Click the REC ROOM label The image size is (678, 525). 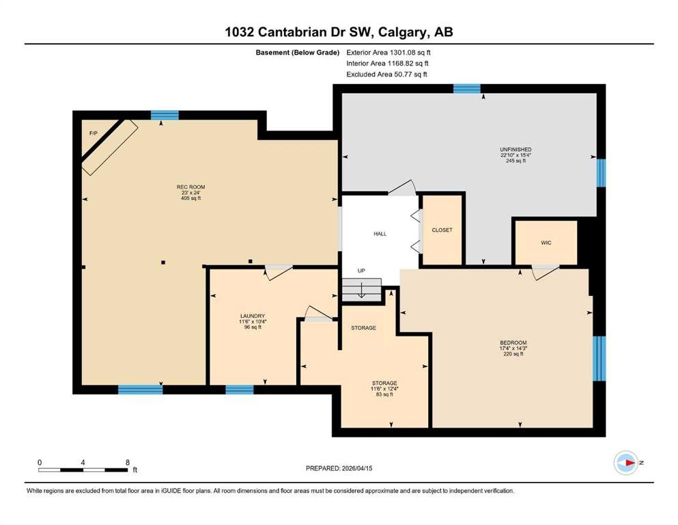[x=190, y=187]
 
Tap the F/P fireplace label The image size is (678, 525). [x=94, y=133]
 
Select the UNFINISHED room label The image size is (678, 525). [x=515, y=149]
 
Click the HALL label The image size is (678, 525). [x=380, y=234]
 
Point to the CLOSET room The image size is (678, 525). [x=442, y=230]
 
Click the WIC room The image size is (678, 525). [x=546, y=243]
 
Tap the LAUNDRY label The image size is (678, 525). [x=253, y=316]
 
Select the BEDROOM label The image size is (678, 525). [x=513, y=342]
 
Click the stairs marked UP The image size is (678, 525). [x=361, y=290]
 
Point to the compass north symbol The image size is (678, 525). [x=626, y=463]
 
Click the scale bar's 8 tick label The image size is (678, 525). [x=128, y=462]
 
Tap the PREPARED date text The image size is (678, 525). [x=339, y=468]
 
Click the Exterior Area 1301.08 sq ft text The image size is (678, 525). [x=389, y=53]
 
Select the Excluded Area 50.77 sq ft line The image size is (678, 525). [x=386, y=74]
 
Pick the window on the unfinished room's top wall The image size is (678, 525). [x=466, y=89]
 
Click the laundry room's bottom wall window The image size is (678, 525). [x=240, y=390]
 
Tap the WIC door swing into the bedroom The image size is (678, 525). [x=545, y=272]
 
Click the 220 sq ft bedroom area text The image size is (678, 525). [x=513, y=353]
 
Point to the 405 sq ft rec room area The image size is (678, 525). [x=190, y=198]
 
